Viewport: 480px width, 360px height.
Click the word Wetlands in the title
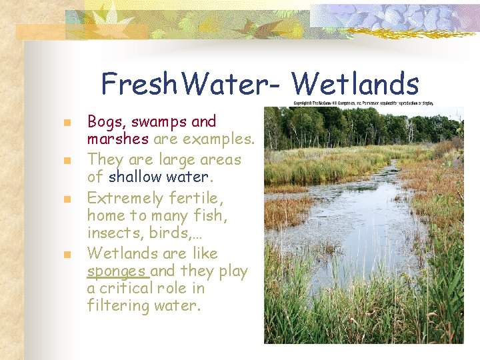pos(355,85)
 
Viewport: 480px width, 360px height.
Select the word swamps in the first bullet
pos(158,122)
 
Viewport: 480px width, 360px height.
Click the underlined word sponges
pos(117,272)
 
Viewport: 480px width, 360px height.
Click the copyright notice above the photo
pos(364,103)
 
